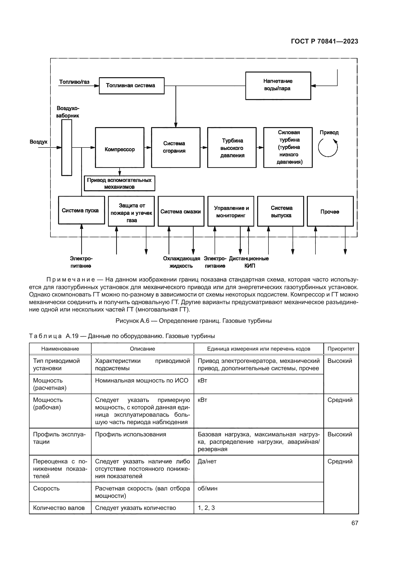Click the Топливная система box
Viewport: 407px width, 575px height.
132,86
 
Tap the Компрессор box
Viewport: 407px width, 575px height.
120,147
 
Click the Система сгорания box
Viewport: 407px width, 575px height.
175,147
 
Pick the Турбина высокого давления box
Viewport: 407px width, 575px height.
232,147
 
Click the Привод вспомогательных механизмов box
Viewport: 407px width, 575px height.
119,184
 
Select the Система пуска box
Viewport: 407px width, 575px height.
81,210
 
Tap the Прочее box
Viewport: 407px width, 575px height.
330,211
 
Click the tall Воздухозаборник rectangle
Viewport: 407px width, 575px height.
67,147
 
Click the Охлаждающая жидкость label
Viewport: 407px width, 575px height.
181,262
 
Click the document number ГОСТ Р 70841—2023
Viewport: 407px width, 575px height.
324,42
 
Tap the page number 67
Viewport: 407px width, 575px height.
354,523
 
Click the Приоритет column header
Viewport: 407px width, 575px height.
341,349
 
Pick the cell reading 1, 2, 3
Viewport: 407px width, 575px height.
258,508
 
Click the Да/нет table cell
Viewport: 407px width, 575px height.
258,469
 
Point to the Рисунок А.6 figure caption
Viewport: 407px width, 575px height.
193,321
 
